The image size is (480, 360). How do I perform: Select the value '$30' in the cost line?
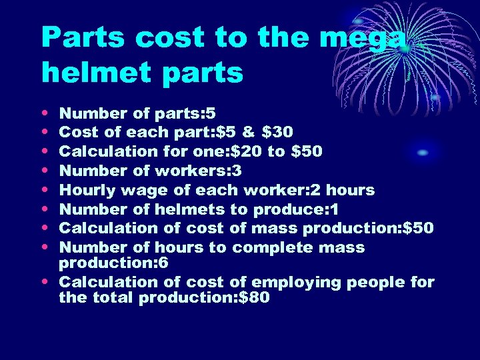tap(279, 132)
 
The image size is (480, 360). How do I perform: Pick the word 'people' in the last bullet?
tap(376, 283)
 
